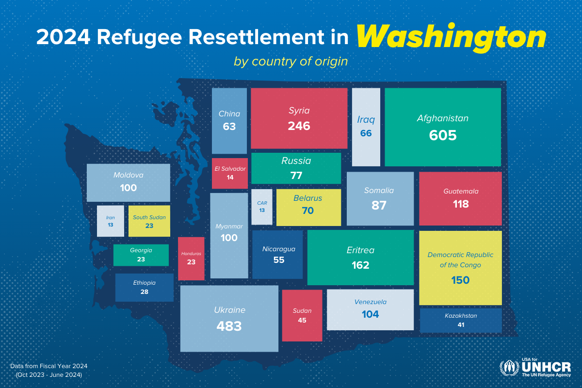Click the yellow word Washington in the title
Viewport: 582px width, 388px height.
pyautogui.click(x=451, y=37)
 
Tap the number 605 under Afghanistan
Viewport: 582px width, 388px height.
pyautogui.click(x=443, y=135)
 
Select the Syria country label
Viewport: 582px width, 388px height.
pyautogui.click(x=299, y=111)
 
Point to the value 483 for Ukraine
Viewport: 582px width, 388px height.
pyautogui.click(x=229, y=326)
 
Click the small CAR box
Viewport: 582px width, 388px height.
pyautogui.click(x=262, y=207)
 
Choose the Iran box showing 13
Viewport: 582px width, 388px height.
pyautogui.click(x=111, y=221)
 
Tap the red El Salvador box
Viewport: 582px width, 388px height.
pyautogui.click(x=230, y=173)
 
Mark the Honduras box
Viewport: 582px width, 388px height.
pyautogui.click(x=191, y=259)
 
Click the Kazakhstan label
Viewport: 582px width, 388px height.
pyautogui.click(x=461, y=316)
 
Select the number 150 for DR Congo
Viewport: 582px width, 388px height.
pyautogui.click(x=460, y=280)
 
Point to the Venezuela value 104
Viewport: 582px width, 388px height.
pyautogui.click(x=370, y=314)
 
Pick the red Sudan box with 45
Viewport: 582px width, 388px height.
pyautogui.click(x=302, y=315)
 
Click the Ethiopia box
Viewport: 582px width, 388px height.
pyautogui.click(x=144, y=287)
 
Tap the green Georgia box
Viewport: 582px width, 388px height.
pyautogui.click(x=141, y=255)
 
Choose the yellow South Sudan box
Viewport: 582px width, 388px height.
pyautogui.click(x=149, y=221)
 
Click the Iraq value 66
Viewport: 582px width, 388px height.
pyautogui.click(x=366, y=133)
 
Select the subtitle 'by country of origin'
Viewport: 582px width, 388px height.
pyautogui.click(x=291, y=62)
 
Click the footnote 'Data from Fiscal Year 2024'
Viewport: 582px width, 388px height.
pyautogui.click(x=48, y=366)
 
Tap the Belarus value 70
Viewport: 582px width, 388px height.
pyautogui.click(x=307, y=210)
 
